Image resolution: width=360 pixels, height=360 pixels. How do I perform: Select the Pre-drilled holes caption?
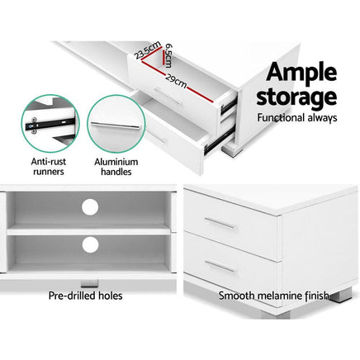pyautogui.click(x=84, y=295)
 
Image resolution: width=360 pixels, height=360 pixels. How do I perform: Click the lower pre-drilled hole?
pyautogui.click(x=88, y=245)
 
